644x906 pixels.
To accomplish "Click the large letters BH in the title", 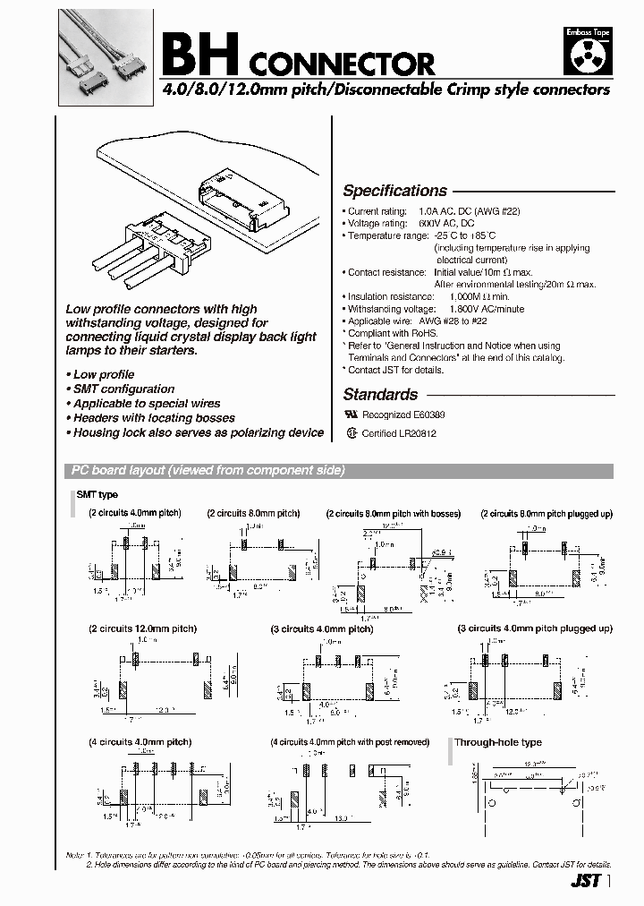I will click(198, 58).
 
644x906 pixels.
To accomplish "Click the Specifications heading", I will click(394, 191).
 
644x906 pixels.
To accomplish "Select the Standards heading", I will click(380, 394).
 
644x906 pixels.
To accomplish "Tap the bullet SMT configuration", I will click(121, 389).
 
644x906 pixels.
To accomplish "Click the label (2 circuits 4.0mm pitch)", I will click(134, 513).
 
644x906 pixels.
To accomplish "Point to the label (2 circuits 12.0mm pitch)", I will click(142, 628).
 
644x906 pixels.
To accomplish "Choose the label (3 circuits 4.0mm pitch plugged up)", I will click(535, 628).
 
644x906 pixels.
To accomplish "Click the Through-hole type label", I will click(497, 742).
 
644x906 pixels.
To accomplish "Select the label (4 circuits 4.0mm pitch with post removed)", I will click(350, 742).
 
